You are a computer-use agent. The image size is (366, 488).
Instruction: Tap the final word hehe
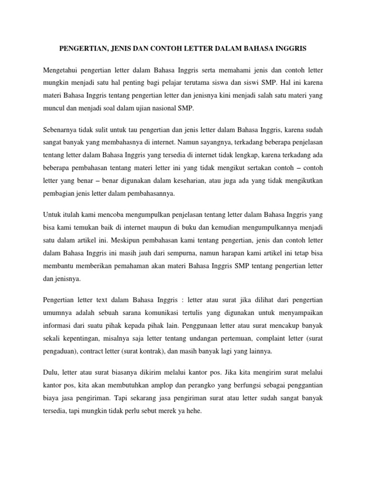pyautogui.click(x=195, y=409)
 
